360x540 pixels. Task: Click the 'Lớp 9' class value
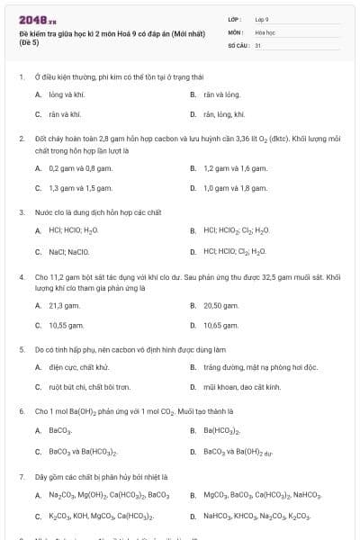coord(262,19)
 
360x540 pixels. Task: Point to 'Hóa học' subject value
coord(265,31)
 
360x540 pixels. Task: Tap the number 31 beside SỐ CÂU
coord(258,44)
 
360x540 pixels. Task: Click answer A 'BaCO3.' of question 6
coord(59,430)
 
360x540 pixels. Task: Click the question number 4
coord(21,277)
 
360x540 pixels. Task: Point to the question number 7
coord(21,476)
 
